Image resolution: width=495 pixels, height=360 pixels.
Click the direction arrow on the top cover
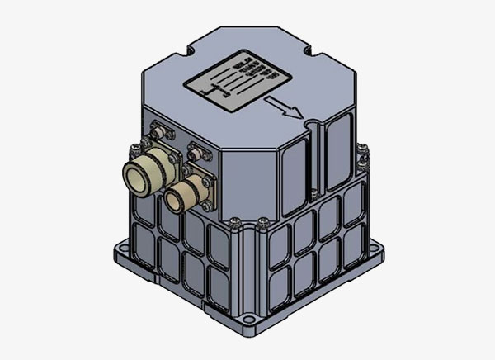284,107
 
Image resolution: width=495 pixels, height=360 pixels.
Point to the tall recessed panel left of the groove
294,165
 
